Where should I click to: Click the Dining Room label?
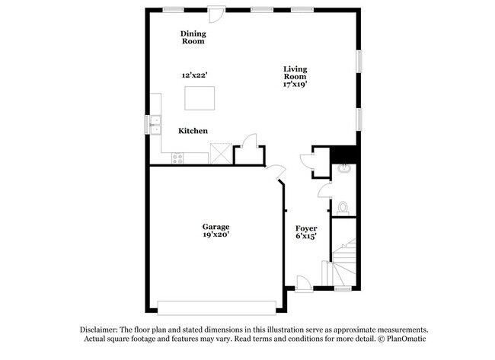(193, 37)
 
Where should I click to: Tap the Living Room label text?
(295, 72)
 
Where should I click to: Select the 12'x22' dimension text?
(194, 75)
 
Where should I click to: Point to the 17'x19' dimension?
(295, 85)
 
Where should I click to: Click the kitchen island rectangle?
(200, 98)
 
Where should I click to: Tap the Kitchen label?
(193, 131)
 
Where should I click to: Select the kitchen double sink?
(156, 123)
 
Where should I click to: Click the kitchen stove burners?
(178, 158)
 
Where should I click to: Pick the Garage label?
(216, 226)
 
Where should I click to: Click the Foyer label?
(306, 228)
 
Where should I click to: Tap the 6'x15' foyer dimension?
(306, 236)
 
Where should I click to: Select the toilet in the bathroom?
(343, 205)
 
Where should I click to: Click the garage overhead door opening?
(216, 307)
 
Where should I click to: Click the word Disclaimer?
(99, 328)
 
